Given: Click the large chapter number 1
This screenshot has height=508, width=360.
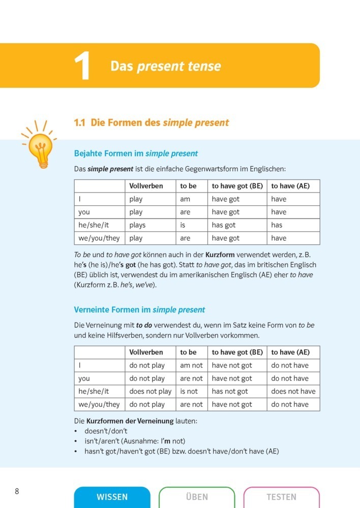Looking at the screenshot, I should [x=83, y=67].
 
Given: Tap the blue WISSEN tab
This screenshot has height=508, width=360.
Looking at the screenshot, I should [x=112, y=497].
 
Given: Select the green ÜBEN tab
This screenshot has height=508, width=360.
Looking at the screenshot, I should [x=197, y=497].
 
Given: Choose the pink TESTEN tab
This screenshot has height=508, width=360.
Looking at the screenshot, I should [x=281, y=497].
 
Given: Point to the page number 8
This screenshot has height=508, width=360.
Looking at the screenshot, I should [x=17, y=491].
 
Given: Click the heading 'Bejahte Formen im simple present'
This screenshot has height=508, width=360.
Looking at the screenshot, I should [x=136, y=153].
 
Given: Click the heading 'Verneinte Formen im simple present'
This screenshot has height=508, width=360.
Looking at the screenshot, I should [x=139, y=309].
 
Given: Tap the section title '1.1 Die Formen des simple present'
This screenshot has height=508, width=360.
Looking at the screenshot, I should [x=151, y=122].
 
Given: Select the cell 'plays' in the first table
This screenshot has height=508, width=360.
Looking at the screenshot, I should [x=137, y=225].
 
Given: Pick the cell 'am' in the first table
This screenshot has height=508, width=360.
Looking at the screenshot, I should [x=185, y=199].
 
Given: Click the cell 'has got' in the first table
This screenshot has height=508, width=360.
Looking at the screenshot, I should [x=224, y=225].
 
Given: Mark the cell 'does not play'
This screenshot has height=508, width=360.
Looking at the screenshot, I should [x=150, y=391].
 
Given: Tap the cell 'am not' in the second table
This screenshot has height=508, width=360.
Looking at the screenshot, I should [x=191, y=365].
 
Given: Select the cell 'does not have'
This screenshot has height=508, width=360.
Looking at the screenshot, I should [x=293, y=391].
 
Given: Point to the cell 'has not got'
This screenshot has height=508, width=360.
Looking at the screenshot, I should [x=232, y=391].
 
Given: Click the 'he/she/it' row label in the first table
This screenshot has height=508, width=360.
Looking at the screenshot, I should [x=94, y=225].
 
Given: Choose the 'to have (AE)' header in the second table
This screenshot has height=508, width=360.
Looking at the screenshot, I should [x=290, y=352].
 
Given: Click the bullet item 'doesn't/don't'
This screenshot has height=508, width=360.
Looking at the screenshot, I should [x=106, y=431].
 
